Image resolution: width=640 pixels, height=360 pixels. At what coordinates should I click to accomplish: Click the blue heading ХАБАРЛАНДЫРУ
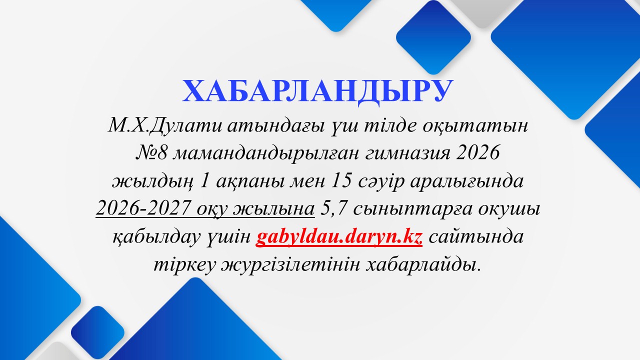317,91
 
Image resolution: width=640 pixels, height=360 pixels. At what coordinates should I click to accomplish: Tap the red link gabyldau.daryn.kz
339,237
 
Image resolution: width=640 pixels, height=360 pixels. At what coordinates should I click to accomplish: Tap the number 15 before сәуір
341,181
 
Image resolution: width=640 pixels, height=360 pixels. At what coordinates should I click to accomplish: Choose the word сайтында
476,237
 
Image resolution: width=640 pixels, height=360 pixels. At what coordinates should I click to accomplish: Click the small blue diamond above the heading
433,37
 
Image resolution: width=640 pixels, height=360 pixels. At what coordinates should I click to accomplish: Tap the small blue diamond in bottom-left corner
97,332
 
